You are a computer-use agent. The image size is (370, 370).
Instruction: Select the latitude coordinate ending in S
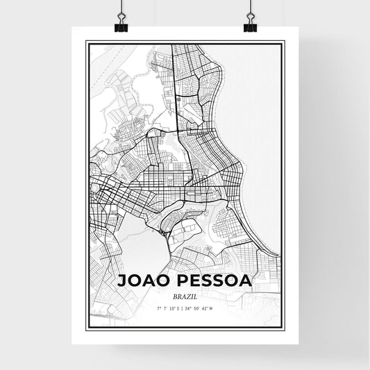coord(168,308)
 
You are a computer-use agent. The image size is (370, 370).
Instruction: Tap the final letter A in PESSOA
coord(246,280)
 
